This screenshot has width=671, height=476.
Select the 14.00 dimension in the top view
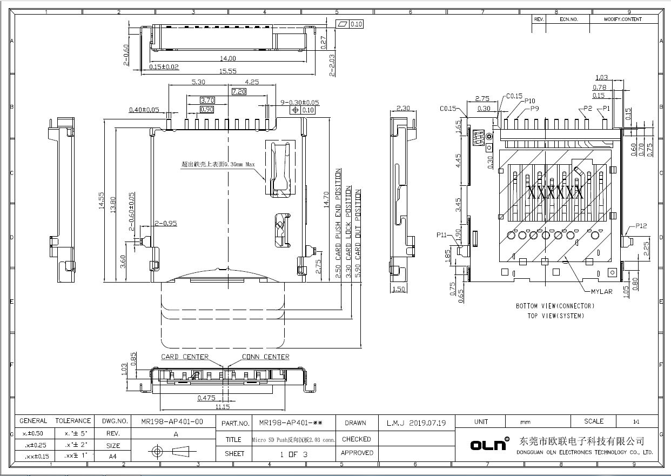228,58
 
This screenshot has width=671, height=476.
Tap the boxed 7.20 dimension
239,92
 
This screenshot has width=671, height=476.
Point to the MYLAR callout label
601,292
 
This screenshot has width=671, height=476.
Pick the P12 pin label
641,226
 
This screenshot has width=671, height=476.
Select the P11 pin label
441,235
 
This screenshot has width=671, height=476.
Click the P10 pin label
529,101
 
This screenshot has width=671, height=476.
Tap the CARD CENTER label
184,357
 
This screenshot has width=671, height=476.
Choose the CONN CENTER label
265,357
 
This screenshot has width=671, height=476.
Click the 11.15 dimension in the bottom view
223,406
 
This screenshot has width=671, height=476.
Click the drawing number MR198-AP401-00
172,421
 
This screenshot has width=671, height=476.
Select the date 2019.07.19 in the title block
428,423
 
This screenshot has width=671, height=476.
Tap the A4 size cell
113,456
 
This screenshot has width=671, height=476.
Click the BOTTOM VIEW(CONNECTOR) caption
555,306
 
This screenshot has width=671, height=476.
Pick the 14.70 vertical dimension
326,200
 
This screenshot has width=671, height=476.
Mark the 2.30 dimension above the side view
403,108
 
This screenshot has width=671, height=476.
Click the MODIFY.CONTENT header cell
623,19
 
